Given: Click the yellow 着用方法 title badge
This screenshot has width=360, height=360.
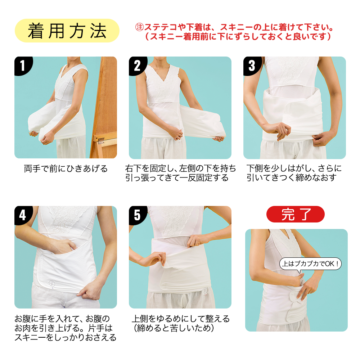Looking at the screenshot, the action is (67, 31).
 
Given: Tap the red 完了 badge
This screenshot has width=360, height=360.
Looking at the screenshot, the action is (296, 214).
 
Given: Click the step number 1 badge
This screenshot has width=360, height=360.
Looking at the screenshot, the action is (23, 66).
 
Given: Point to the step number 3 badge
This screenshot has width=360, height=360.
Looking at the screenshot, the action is (252, 66).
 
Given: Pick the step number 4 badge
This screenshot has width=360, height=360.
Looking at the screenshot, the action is (23, 215).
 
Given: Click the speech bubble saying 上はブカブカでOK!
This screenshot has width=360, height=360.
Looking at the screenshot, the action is (310, 264).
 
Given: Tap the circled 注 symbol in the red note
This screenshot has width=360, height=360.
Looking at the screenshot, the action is (139, 27).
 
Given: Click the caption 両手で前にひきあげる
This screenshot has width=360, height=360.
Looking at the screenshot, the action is (66, 169).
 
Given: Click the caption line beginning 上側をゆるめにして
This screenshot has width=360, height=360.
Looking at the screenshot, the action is (181, 319).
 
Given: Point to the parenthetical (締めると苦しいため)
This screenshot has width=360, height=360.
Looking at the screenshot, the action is (174, 328).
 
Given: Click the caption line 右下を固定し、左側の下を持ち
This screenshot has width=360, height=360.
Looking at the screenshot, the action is (180, 168).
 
